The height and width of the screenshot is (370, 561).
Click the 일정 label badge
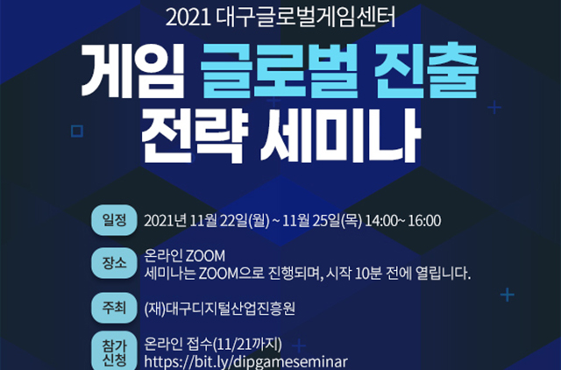[x=114, y=220]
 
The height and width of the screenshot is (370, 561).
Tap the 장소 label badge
[x=114, y=263]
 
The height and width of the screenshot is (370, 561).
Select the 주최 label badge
[x=114, y=308]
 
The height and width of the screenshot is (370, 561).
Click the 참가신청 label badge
[x=114, y=352]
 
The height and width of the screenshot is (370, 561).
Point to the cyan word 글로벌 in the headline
[x=279, y=70]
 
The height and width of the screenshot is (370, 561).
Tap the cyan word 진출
[x=426, y=70]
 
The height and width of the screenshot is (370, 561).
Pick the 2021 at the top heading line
[x=188, y=18]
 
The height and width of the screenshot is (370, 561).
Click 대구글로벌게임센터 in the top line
[x=306, y=18]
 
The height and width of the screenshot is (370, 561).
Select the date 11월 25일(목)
[x=322, y=221]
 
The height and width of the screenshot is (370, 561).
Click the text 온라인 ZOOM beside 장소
[x=185, y=256]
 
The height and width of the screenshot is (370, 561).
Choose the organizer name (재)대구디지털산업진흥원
[x=220, y=308]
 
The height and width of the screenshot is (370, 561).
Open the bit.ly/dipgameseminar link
[x=245, y=362]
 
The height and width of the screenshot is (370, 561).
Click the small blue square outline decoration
[x=77, y=131]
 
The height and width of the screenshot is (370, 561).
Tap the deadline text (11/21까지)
[x=247, y=345]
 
